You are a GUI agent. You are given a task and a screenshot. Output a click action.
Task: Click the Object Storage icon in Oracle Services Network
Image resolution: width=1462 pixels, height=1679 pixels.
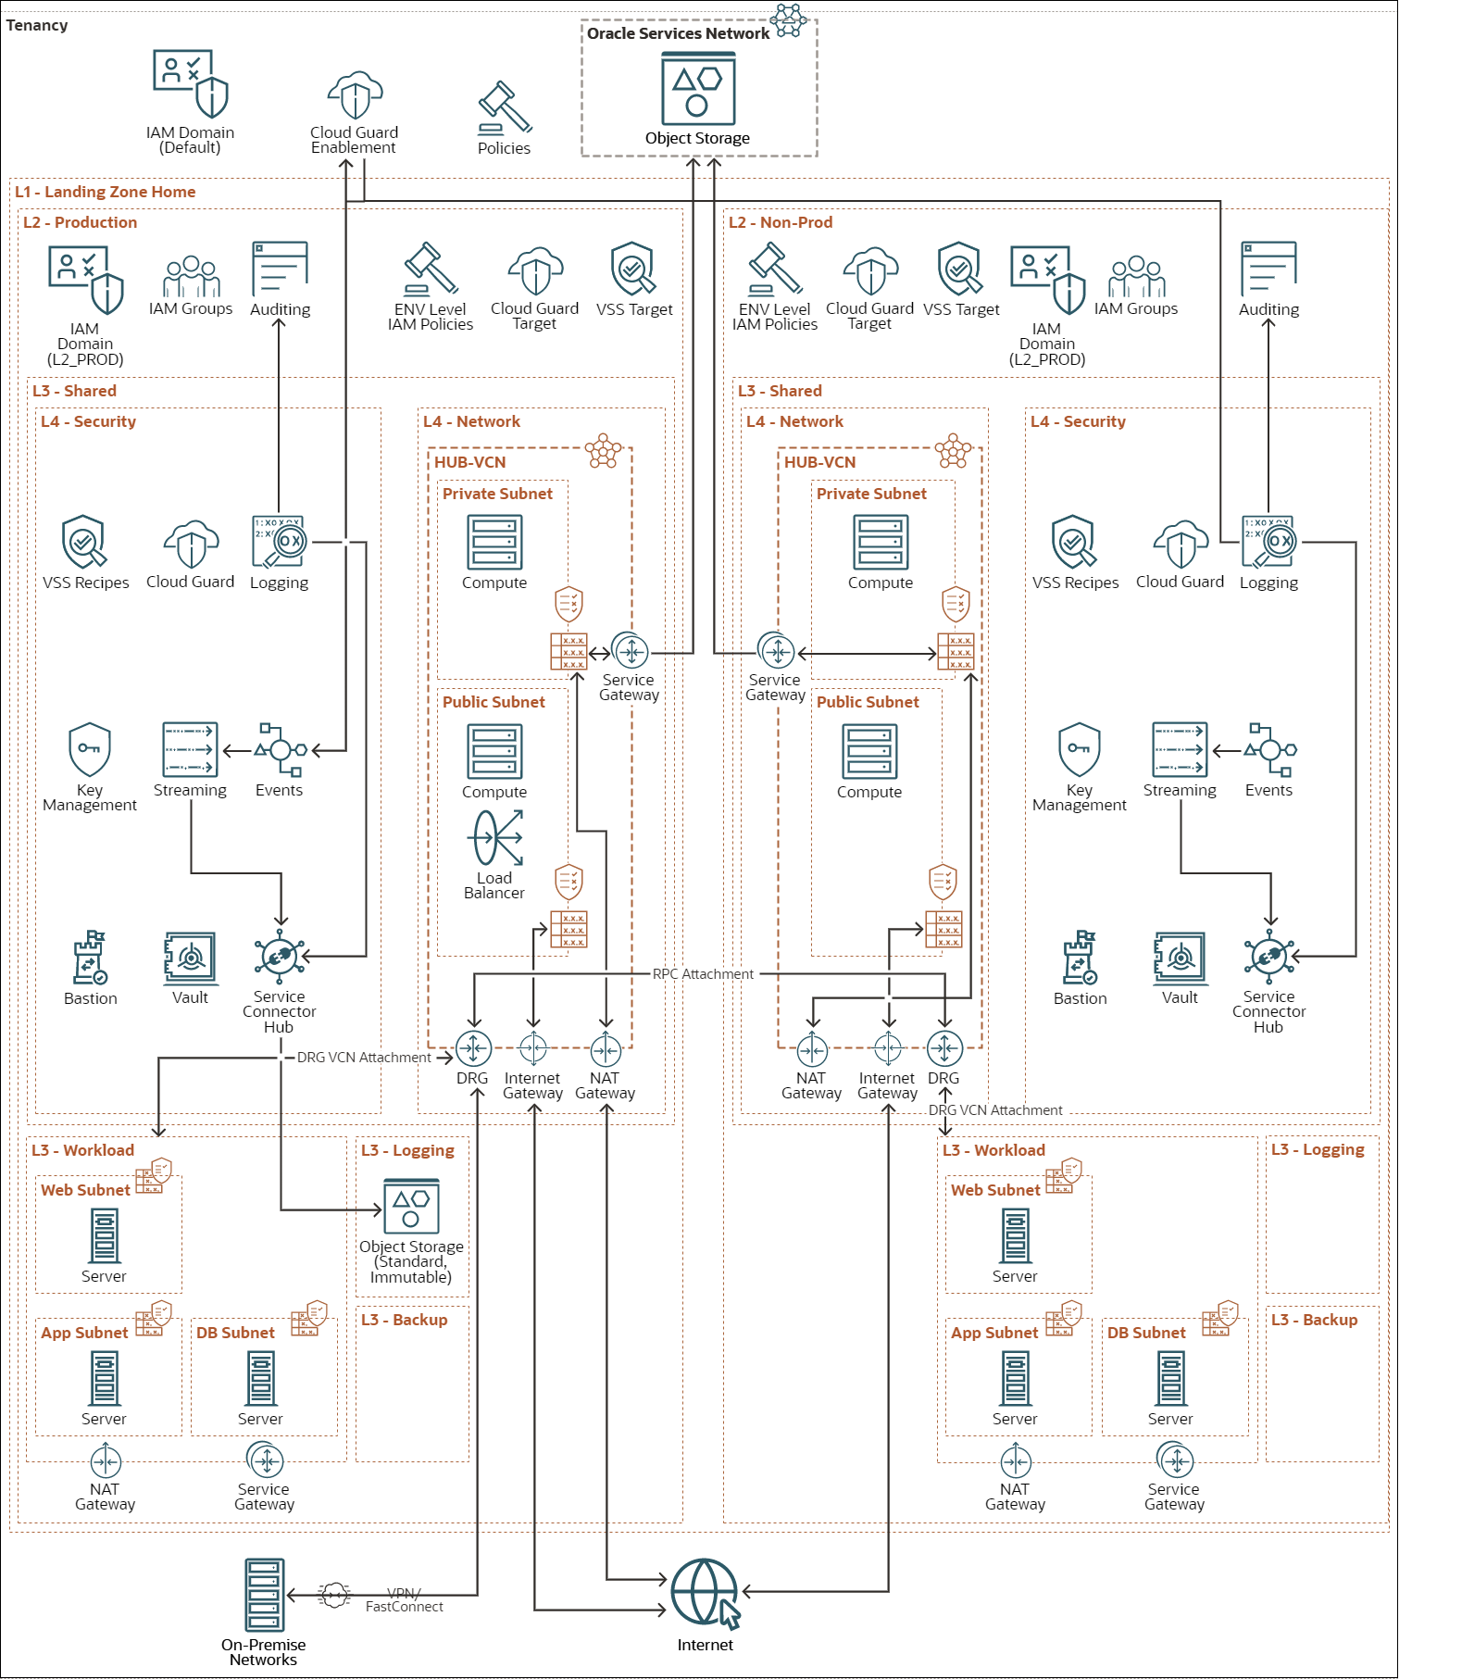[x=698, y=89]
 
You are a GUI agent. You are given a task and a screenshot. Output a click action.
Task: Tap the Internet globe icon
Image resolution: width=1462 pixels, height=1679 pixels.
[x=705, y=1591]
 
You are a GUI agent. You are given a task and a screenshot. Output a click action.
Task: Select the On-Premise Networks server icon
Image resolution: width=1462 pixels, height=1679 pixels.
[x=264, y=1595]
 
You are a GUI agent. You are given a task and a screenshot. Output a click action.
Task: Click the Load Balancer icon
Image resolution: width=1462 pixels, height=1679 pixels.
[x=497, y=837]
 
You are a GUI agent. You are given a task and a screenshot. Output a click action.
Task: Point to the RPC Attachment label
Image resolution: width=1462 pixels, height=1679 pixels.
[x=703, y=974]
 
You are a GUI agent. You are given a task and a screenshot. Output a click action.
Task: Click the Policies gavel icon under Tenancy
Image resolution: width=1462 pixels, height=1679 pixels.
[x=504, y=108]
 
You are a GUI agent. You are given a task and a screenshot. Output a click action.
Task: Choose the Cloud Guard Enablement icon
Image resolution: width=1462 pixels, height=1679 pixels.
[x=355, y=94]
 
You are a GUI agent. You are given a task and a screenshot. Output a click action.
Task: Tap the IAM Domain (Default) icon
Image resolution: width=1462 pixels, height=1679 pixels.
[x=190, y=83]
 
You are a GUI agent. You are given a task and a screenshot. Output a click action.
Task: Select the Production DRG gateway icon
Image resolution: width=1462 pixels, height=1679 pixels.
[x=473, y=1048]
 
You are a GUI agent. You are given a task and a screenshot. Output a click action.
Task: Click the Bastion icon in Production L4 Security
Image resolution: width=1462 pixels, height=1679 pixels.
[x=90, y=958]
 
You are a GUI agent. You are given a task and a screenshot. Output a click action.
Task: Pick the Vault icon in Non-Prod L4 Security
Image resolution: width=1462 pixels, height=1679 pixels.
[x=1180, y=958]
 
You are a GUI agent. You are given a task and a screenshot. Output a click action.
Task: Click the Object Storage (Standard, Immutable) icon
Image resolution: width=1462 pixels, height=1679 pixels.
[x=411, y=1207]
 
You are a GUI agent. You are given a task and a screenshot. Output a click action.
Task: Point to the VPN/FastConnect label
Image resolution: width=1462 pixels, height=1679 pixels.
[x=404, y=1599]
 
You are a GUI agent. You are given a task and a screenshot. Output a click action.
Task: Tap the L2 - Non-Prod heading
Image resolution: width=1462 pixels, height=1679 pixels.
[x=780, y=222]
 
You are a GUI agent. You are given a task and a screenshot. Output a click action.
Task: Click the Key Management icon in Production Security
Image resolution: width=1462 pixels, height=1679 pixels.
[x=89, y=749]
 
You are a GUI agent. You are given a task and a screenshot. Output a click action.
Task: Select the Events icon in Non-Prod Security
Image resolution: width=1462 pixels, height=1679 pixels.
[x=1269, y=749]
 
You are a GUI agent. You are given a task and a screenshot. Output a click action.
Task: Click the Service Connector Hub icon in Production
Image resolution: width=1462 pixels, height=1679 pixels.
[x=279, y=957]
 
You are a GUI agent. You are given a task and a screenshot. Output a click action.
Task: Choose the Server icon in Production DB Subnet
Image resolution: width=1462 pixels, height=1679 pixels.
[x=260, y=1378]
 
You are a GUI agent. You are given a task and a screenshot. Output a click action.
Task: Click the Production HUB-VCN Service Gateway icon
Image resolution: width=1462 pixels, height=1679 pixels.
[x=631, y=652]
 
